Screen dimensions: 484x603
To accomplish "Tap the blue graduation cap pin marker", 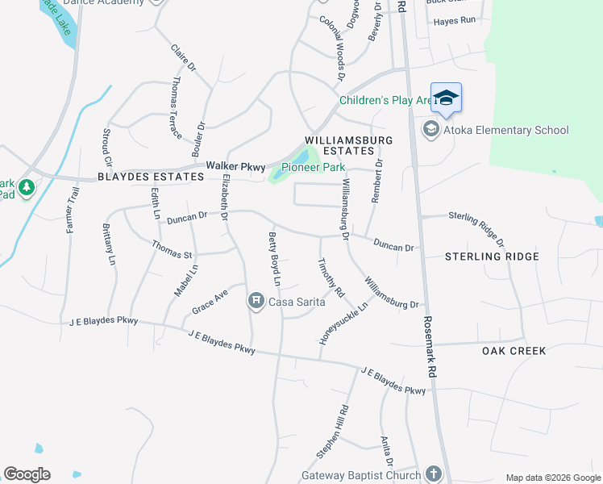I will pyautogui.click(x=446, y=99).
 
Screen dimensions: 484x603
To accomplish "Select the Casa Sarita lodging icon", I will pyautogui.click(x=256, y=302).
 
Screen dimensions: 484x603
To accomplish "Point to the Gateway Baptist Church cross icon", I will pyautogui.click(x=434, y=474).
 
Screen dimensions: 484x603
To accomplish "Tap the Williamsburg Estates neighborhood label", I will pyautogui.click(x=348, y=145).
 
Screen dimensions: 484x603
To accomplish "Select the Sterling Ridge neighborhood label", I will pyautogui.click(x=492, y=257).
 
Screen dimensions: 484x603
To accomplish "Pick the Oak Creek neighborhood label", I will pyautogui.click(x=514, y=351).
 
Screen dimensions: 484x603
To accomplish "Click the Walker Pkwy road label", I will pyautogui.click(x=235, y=165).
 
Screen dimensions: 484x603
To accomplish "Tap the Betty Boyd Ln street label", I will pyautogui.click(x=273, y=258).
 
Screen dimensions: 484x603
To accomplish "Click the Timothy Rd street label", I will pyautogui.click(x=331, y=277).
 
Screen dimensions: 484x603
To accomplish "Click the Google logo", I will pyautogui.click(x=27, y=474).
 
